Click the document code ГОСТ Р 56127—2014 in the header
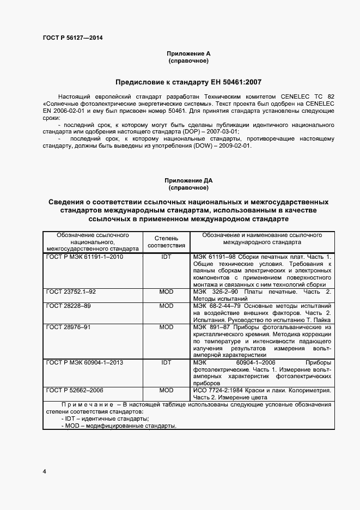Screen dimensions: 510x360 point(72,38)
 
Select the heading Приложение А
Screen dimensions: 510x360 point(188,53)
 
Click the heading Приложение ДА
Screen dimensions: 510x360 point(188,180)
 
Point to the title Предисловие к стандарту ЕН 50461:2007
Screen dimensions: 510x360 point(188,82)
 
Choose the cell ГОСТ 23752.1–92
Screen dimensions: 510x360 point(71,292)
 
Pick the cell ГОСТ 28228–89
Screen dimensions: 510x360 point(69,306)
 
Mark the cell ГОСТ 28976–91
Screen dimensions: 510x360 point(69,327)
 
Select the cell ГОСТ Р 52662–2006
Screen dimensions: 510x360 point(75,391)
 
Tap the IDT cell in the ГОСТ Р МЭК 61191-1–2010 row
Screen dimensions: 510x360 point(166,256)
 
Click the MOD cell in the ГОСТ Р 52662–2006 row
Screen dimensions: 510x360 point(166,391)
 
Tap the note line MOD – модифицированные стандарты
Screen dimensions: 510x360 point(119,425)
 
